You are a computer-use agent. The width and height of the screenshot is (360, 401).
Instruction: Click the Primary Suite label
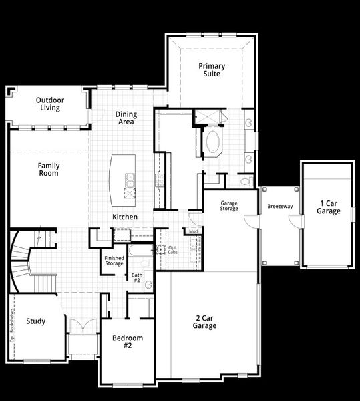point(211,70)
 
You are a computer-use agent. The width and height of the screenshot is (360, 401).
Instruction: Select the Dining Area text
point(126,118)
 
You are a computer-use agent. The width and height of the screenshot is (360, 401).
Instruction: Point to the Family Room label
point(47,169)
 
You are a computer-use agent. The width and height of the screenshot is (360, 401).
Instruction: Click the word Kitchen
point(125,217)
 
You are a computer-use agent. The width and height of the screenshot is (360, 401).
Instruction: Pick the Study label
point(36,321)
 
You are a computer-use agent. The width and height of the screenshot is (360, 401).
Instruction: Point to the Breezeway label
point(280,207)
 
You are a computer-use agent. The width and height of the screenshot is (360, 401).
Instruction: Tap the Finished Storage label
point(114,261)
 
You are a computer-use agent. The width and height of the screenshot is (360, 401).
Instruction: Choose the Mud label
point(193,231)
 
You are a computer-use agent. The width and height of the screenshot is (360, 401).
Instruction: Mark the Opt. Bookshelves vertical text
point(12,327)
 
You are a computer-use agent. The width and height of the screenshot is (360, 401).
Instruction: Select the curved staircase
point(23,261)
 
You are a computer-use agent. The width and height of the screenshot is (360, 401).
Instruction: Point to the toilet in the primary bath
point(244,180)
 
